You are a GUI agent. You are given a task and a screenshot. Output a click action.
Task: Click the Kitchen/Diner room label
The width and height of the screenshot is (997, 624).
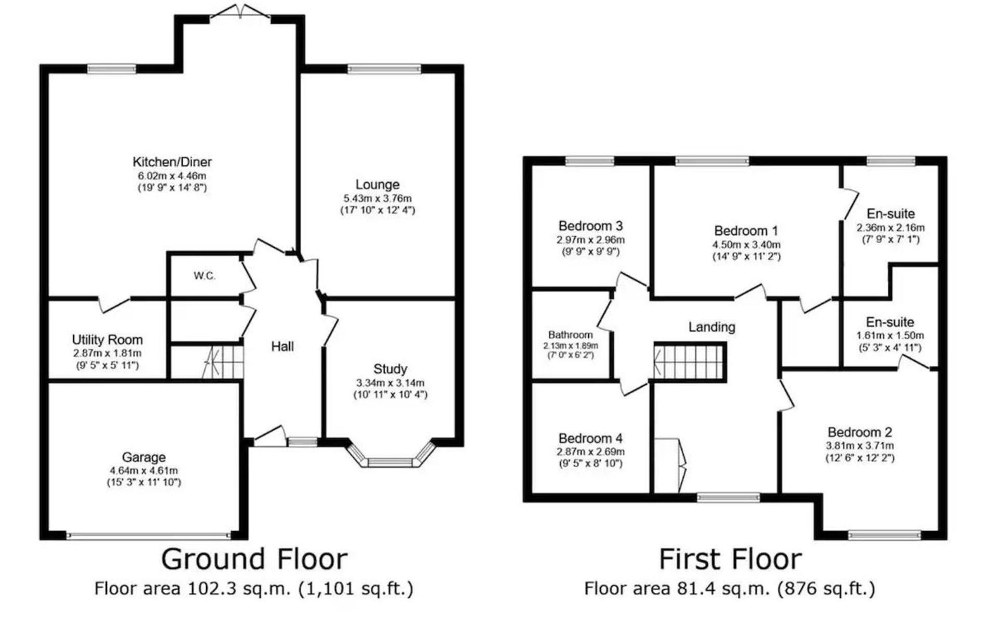172,162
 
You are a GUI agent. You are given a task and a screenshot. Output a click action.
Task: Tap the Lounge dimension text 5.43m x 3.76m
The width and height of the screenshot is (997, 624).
378,198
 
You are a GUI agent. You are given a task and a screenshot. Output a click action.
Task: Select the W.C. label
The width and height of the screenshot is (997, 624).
205,276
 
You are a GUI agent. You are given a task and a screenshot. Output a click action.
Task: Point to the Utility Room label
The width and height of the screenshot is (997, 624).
107,340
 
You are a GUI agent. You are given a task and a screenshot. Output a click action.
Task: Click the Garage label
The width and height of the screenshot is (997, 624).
144,457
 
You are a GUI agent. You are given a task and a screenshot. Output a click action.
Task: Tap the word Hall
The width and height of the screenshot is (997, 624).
282,347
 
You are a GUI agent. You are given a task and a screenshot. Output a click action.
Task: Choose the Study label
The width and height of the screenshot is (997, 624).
390,369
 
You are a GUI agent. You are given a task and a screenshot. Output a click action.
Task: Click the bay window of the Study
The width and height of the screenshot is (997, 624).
390,455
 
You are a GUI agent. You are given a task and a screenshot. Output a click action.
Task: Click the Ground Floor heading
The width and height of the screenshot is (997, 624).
254,559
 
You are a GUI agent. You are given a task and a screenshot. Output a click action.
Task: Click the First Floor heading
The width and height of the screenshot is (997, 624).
730,559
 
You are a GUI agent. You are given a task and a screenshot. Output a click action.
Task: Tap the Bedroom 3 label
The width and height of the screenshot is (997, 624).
590,226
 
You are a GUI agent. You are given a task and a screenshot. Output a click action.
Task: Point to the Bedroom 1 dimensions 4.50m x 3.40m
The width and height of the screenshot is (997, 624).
746,245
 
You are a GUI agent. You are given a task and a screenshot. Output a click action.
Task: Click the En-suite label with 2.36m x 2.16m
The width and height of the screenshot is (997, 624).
891,214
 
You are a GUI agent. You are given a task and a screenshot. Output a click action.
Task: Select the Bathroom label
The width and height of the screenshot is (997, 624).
570,335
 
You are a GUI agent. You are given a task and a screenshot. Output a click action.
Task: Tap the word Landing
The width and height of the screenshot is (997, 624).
712,327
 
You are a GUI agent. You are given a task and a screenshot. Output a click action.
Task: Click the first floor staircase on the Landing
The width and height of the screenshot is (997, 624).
690,362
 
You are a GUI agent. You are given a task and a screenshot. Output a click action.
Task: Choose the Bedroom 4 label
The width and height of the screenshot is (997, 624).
590,439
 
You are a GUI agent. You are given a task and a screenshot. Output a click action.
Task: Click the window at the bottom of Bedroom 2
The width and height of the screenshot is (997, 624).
884,535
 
